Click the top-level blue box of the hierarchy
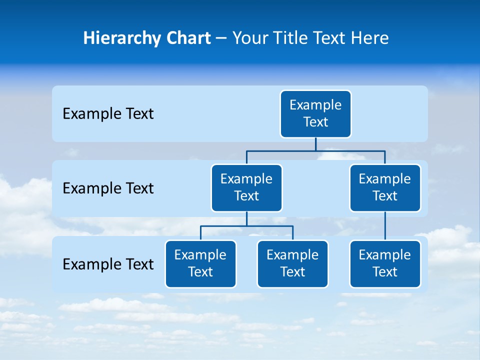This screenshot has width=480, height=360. point(315,114)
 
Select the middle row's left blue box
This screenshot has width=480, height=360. point(246,188)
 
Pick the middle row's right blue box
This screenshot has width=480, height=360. point(385,188)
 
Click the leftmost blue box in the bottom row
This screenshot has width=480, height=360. point(200,264)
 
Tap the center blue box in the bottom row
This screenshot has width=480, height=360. point(292,264)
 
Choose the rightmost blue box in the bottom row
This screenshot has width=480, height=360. point(385,264)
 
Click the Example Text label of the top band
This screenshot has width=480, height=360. point(108,114)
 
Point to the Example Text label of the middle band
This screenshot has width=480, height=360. point(108,188)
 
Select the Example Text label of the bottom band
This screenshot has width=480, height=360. point(108,264)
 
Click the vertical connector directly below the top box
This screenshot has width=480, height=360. point(315,144)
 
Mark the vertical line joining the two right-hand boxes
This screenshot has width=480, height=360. point(385,226)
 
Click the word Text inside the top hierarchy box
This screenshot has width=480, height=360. point(315,122)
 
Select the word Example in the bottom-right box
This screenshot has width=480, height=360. point(385,255)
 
